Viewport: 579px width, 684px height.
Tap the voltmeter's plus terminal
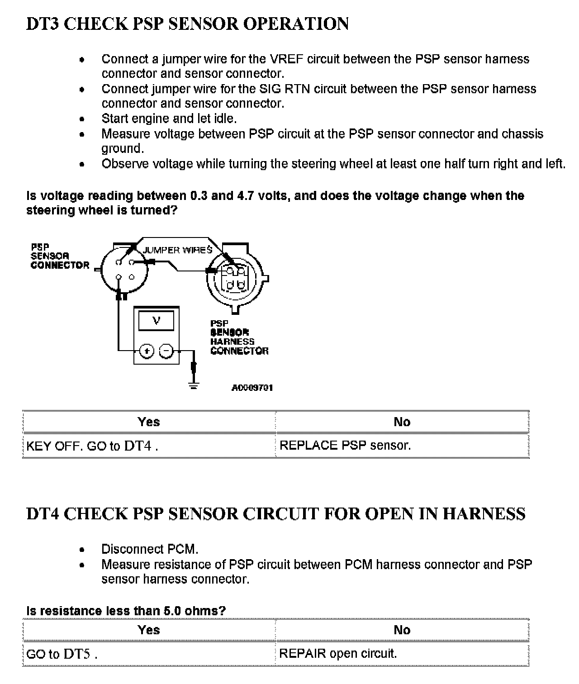click(147, 351)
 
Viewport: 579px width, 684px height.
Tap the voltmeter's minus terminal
click(166, 351)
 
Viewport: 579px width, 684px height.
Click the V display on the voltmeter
click(157, 321)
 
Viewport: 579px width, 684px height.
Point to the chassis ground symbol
click(194, 386)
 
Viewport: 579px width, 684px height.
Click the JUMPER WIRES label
click(177, 250)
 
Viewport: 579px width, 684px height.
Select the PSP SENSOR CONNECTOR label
click(60, 256)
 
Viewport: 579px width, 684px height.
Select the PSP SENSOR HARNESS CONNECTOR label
click(239, 337)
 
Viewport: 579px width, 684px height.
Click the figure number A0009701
click(252, 388)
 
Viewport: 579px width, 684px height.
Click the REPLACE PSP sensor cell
click(345, 446)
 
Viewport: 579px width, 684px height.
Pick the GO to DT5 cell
click(62, 654)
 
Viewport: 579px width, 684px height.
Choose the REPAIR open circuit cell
click(338, 654)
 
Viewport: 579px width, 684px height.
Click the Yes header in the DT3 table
click(149, 422)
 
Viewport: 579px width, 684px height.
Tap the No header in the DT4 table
click(402, 630)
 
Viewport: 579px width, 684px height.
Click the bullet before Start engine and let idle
click(82, 119)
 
